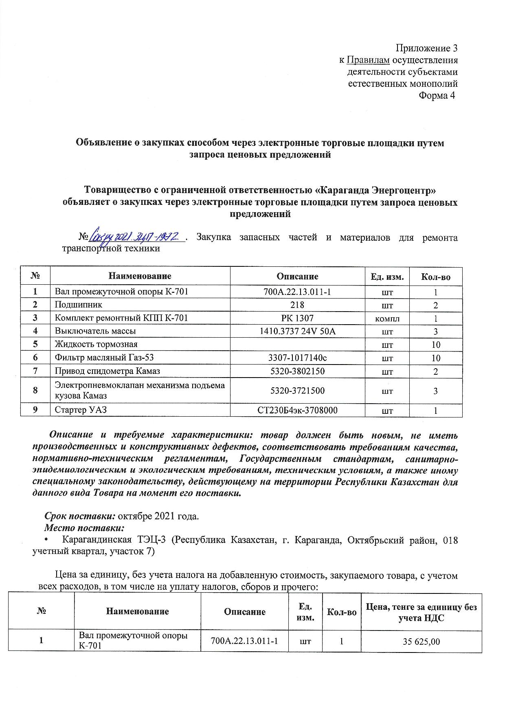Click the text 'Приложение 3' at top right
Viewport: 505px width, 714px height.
tap(427, 48)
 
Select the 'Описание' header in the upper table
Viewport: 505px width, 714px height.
tap(297, 276)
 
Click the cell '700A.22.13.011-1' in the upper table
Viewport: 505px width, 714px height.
tap(297, 292)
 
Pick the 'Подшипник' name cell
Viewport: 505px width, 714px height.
tap(79, 305)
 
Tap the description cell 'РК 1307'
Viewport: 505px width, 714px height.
tap(297, 318)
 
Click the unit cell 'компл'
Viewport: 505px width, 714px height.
tap(387, 319)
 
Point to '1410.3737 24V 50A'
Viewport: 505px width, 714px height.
tap(297, 331)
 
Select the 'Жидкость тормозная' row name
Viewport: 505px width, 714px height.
tap(96, 344)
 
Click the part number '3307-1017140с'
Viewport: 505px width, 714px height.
tap(297, 358)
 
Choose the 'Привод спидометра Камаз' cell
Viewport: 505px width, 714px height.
tap(108, 371)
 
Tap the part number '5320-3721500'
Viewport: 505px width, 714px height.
tap(297, 391)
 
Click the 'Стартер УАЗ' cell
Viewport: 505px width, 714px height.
tap(81, 410)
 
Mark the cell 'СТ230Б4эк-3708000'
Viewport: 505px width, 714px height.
tap(297, 410)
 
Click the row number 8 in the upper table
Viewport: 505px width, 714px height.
tap(35, 390)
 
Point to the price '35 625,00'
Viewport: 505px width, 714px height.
tap(421, 642)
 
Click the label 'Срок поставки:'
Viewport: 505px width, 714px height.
tap(80, 516)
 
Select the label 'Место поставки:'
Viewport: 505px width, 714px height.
tap(83, 528)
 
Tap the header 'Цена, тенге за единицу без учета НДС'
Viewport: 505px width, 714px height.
tap(421, 612)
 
